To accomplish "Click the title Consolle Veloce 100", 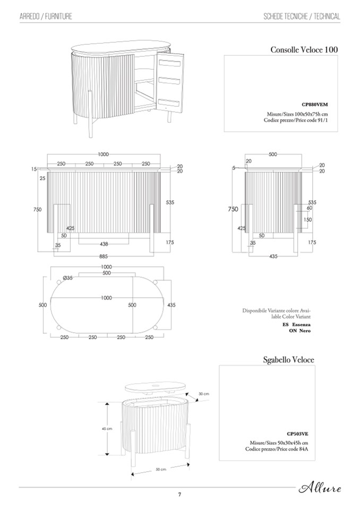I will pos(304,50).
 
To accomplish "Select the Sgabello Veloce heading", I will pos(288,359).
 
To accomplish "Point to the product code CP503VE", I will pos(297,433).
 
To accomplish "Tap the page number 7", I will pos(179,495).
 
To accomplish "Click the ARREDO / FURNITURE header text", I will pos(46,16).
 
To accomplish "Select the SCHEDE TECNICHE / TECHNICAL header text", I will pos(302,16).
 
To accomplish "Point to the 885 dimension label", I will pos(104,256).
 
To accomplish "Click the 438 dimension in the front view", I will pos(104,244).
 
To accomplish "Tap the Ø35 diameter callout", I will pos(68,278).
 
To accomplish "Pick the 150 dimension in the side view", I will pos(307,219).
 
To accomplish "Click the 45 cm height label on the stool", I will pos(107,428).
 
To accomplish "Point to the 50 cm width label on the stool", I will pos(161,469).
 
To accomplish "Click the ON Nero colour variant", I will pos(299,330).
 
